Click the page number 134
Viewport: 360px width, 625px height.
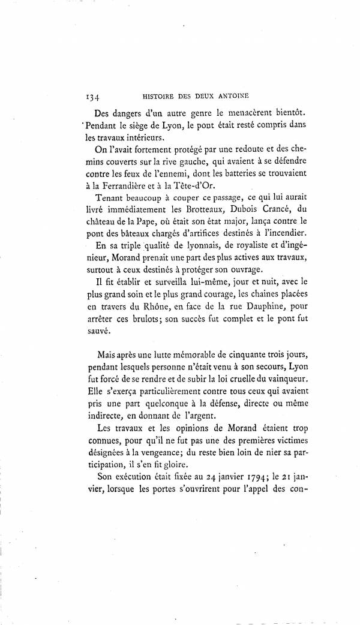click(x=92, y=95)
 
